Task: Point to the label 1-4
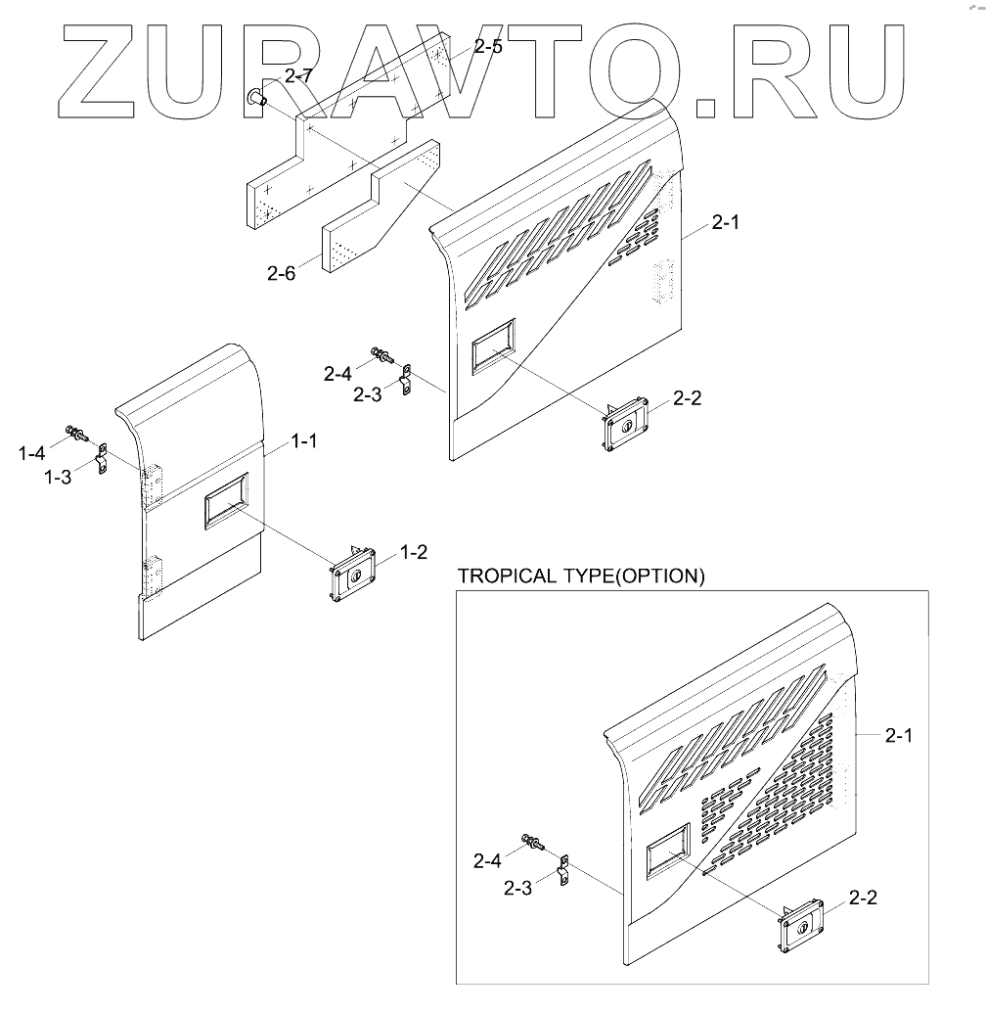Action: coord(31,452)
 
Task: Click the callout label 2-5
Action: coord(487,46)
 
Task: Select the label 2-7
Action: coord(299,75)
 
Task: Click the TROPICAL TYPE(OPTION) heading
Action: coord(580,576)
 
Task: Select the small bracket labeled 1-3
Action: coord(100,460)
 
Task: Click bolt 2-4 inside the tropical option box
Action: coord(531,839)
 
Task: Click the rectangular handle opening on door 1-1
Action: coord(226,501)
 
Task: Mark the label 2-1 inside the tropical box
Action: coord(898,735)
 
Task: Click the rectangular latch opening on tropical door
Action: coord(667,849)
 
